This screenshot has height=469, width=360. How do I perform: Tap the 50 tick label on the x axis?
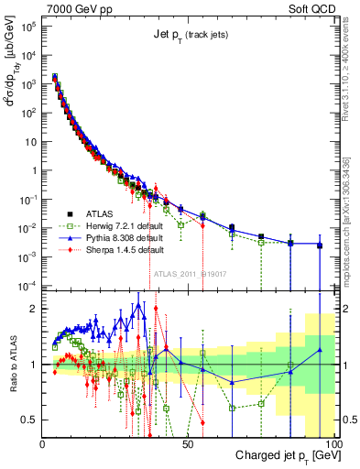point(188,443)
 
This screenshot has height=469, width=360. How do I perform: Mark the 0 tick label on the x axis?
point(42,443)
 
